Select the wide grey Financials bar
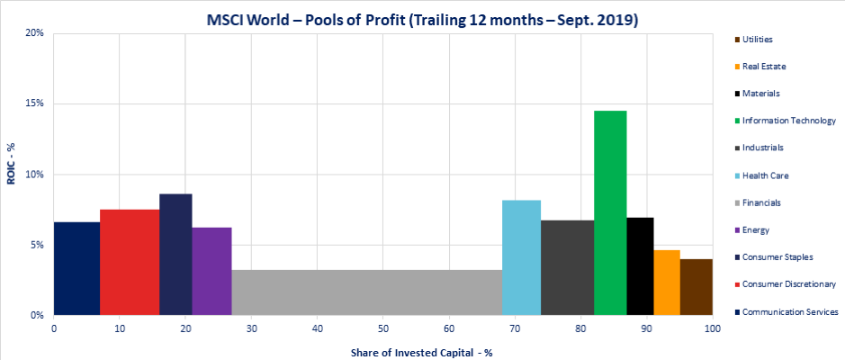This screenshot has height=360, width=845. pyautogui.click(x=366, y=292)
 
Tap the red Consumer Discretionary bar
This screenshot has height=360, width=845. pyautogui.click(x=130, y=262)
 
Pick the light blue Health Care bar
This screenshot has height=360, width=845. pyautogui.click(x=521, y=257)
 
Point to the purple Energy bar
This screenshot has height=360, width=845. pyautogui.click(x=211, y=271)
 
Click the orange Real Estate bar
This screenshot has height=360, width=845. pyautogui.click(x=666, y=283)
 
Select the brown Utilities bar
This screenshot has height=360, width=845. pyautogui.click(x=696, y=287)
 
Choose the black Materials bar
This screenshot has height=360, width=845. pyautogui.click(x=640, y=266)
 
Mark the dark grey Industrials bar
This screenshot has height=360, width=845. pyautogui.click(x=567, y=267)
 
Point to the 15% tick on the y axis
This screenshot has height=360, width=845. pyautogui.click(x=38, y=104)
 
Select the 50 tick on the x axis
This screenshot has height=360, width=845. pyautogui.click(x=383, y=330)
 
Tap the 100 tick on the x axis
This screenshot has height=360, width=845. pyautogui.click(x=713, y=330)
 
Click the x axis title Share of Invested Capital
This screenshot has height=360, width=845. pyautogui.click(x=421, y=352)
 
